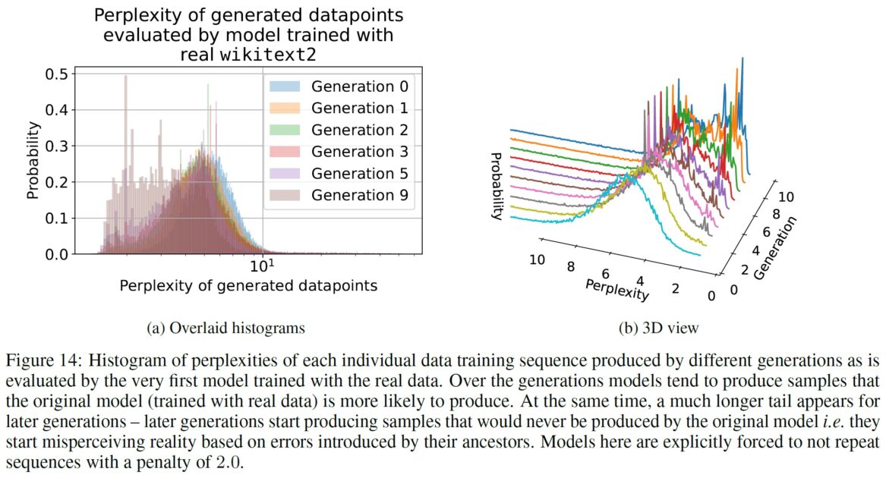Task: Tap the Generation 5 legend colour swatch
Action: pos(286,175)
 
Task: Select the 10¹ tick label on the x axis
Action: pos(261,266)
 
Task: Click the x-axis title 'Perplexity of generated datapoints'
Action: pos(248,287)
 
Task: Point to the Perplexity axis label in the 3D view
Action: pos(616,288)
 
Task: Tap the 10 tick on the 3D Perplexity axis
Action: pos(537,259)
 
